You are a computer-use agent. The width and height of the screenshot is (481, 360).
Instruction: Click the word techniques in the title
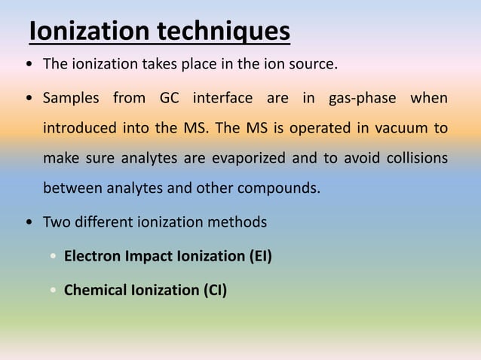click(x=224, y=32)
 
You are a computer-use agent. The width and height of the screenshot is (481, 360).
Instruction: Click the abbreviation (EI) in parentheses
click(x=260, y=256)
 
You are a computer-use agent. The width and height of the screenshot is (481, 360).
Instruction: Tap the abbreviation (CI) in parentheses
click(x=215, y=289)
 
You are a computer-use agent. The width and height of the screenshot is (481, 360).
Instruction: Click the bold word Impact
click(x=149, y=256)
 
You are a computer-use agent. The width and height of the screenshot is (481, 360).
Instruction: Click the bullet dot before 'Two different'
click(x=29, y=223)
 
